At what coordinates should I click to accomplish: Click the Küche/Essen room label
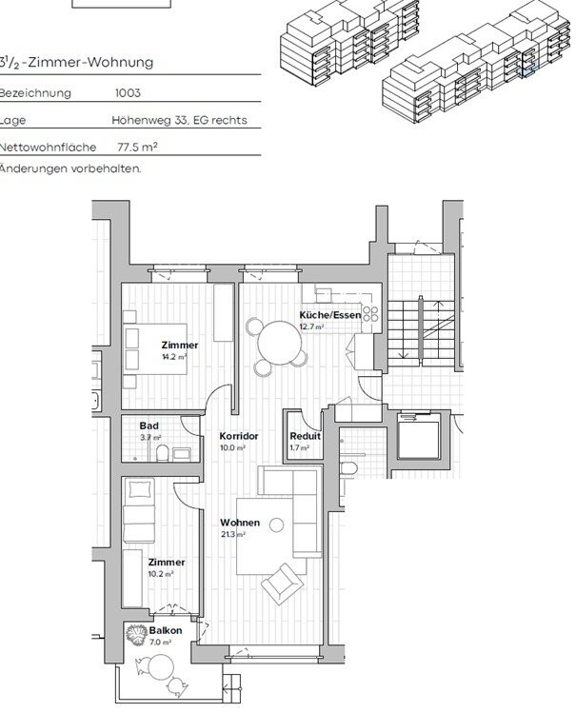(x=329, y=315)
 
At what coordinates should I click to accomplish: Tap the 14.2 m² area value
(x=173, y=356)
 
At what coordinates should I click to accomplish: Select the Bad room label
(x=149, y=426)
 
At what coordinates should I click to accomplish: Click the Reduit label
(x=305, y=436)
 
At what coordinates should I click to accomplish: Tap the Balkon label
(x=166, y=631)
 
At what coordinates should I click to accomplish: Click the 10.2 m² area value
(x=160, y=574)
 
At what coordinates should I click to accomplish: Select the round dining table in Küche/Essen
(x=276, y=338)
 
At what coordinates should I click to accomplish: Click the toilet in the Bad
(x=163, y=452)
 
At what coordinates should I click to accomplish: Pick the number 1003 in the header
(x=128, y=94)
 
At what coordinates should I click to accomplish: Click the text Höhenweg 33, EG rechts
(x=179, y=121)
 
